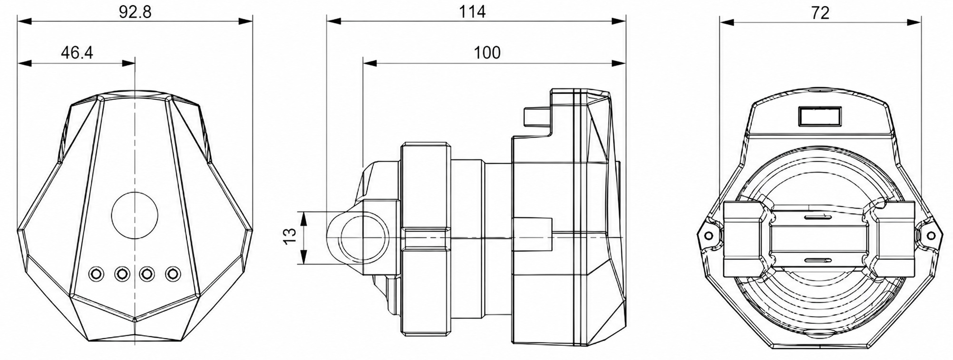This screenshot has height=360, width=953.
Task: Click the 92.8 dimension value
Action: (135, 12)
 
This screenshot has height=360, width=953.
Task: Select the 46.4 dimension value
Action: (77, 52)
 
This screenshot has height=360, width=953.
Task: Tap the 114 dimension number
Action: (472, 12)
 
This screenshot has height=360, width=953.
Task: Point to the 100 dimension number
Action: (487, 52)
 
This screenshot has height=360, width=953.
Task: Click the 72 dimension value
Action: (820, 13)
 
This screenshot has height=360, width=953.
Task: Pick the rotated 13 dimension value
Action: (290, 236)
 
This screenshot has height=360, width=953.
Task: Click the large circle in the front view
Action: (135, 215)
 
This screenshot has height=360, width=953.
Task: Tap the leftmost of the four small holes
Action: (96, 273)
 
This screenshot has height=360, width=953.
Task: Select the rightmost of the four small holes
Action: (173, 273)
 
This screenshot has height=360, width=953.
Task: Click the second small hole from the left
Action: (122, 273)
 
